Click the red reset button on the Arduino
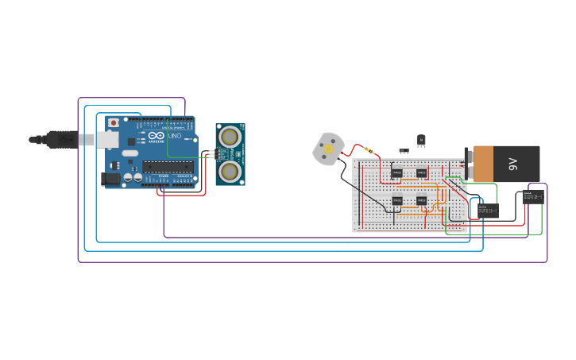click(x=114, y=123)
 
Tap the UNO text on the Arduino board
click(x=175, y=136)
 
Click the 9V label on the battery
click(x=513, y=164)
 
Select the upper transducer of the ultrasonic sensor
click(x=230, y=137)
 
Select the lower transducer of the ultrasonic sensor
click(x=230, y=171)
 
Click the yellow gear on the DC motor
click(x=327, y=149)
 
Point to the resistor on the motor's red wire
click(x=369, y=150)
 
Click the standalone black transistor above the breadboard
click(x=421, y=140)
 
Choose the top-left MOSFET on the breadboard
click(x=396, y=172)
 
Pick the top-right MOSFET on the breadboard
click(x=421, y=172)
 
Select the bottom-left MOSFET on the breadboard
click(x=396, y=201)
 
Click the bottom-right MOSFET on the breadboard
click(x=421, y=201)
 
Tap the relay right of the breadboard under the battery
click(x=487, y=211)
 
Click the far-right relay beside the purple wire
click(x=533, y=196)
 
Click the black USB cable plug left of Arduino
click(x=60, y=140)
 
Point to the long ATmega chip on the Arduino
click(x=168, y=167)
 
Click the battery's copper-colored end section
click(x=482, y=164)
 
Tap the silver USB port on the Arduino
click(x=107, y=140)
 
